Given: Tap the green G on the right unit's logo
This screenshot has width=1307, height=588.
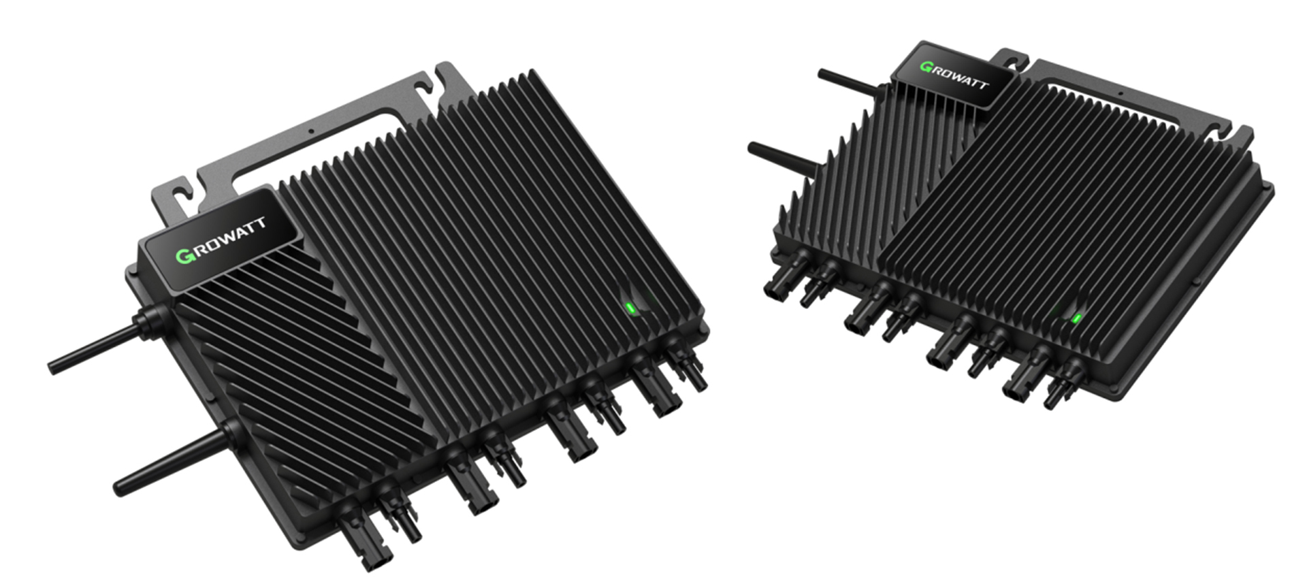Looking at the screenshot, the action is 927,67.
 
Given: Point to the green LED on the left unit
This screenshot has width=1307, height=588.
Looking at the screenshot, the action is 630,308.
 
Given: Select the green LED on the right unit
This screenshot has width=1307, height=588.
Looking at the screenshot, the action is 1076,318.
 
